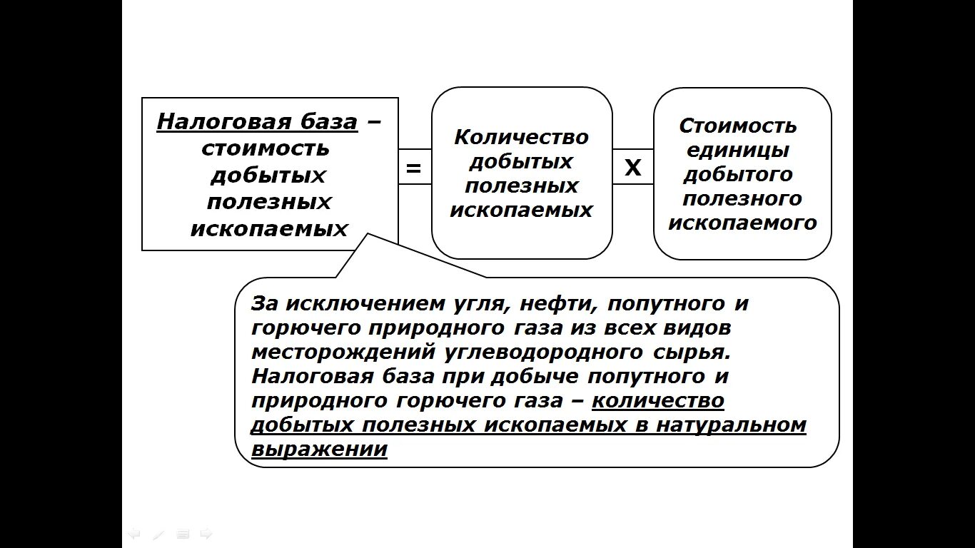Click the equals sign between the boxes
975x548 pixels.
(x=414, y=168)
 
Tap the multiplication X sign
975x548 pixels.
(x=633, y=168)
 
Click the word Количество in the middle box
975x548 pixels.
(x=522, y=136)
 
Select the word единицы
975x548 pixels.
(x=737, y=151)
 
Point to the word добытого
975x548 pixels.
(x=738, y=174)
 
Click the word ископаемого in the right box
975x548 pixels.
(x=742, y=223)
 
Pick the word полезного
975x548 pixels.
(x=742, y=198)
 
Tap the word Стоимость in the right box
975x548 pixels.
(x=738, y=126)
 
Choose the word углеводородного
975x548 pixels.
(x=544, y=352)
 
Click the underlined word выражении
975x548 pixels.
(x=319, y=450)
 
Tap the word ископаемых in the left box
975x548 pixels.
(x=269, y=228)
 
